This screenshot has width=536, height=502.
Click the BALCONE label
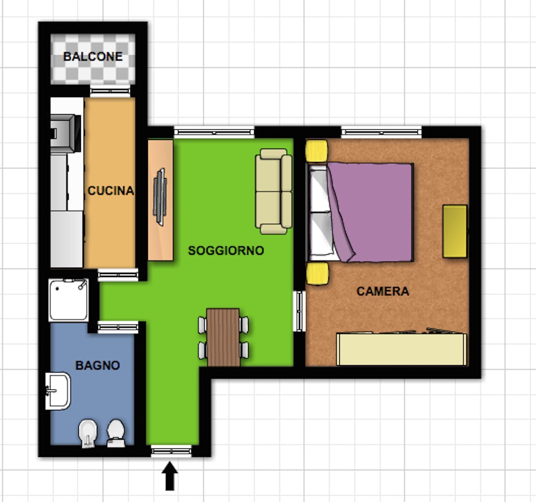[93, 56]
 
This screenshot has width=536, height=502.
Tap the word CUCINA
[111, 190]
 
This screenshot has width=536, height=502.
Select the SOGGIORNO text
[226, 250]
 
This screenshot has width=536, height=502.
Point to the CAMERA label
[383, 291]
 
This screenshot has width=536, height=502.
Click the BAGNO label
[98, 366]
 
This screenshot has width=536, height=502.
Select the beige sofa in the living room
[273, 191]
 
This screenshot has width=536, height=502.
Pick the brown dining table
[223, 337]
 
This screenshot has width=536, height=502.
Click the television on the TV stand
[160, 197]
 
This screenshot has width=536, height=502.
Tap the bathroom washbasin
[58, 391]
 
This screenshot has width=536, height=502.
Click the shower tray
[69, 300]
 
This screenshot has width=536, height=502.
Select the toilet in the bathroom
[116, 433]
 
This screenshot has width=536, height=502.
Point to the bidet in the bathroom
[88, 433]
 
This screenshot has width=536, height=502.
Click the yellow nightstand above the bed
[317, 151]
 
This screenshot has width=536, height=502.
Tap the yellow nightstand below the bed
[317, 274]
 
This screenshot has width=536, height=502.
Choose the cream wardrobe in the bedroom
[401, 349]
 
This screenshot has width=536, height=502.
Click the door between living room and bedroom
[300, 311]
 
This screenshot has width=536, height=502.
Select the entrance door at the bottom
[172, 451]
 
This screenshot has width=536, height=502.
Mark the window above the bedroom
[382, 132]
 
